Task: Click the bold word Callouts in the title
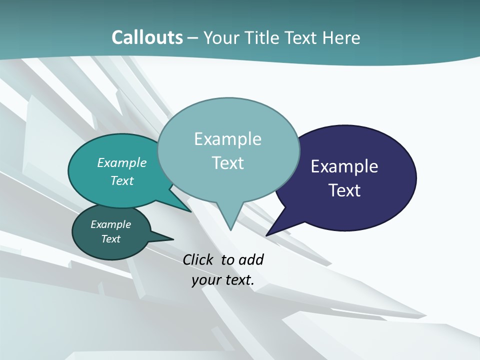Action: coord(147,37)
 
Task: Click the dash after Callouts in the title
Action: coord(193,38)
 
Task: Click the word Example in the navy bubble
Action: coord(344,166)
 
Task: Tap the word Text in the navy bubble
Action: coord(344,190)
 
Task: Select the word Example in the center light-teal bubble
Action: coord(227,139)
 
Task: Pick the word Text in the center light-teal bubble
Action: coord(227,163)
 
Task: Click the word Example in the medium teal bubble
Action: coord(122,162)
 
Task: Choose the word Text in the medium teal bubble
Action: coord(122,180)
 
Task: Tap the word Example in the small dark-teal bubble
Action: coord(110,224)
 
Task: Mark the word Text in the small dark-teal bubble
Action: coord(110,239)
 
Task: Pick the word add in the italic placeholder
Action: coord(251,260)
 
